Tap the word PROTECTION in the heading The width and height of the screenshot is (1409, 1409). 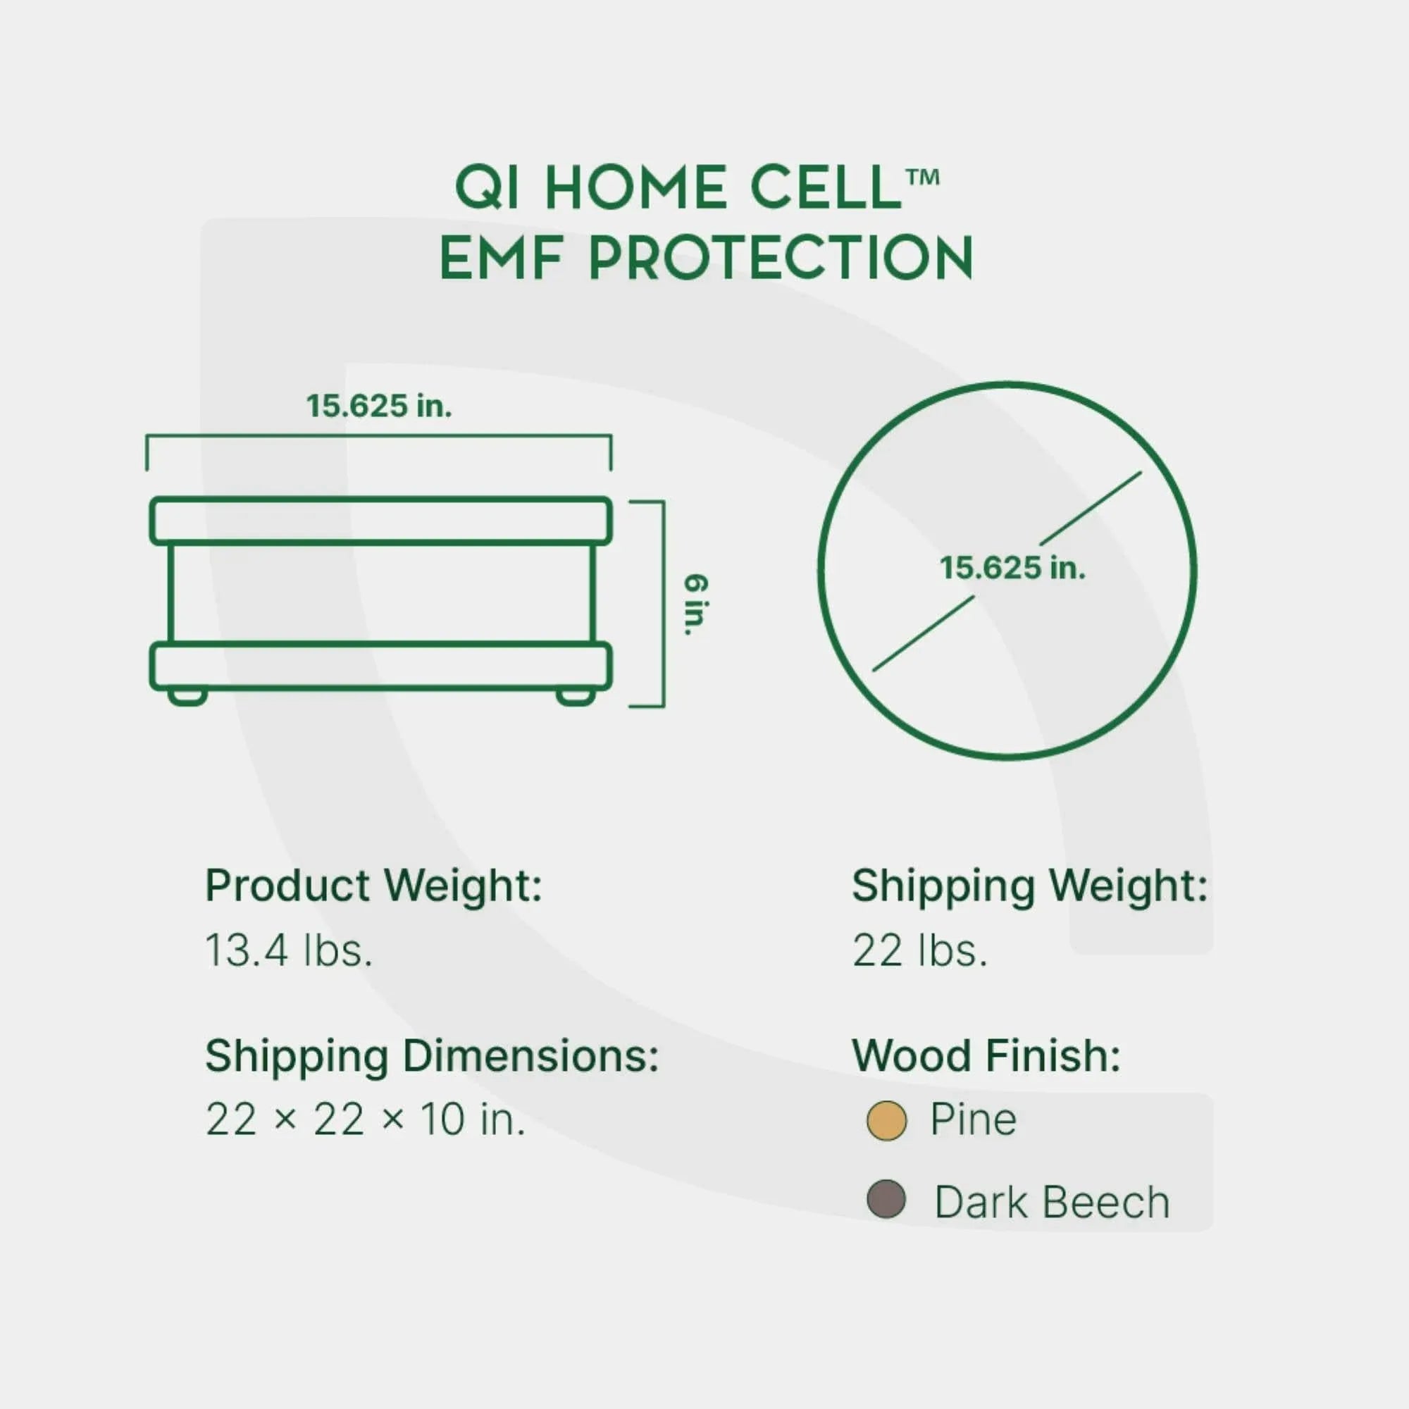point(781,258)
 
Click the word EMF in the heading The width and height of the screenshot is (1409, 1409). point(502,258)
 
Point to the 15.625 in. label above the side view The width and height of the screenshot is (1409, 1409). point(378,406)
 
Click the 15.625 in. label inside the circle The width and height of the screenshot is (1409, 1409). point(1012,568)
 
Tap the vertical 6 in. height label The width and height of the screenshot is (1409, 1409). point(696,604)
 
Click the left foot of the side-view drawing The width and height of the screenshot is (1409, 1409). point(187,697)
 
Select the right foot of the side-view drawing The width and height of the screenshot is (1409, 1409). point(576,697)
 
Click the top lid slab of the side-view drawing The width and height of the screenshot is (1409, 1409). point(380,521)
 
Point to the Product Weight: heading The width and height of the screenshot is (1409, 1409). point(373,886)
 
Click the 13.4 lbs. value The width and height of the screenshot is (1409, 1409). point(289,951)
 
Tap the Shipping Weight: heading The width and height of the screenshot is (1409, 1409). point(1030,886)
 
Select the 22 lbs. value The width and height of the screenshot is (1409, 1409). point(919,951)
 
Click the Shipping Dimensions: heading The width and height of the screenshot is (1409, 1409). point(432,1056)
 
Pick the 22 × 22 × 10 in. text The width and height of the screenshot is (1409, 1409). point(365,1119)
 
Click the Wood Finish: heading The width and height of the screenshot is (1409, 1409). point(986,1056)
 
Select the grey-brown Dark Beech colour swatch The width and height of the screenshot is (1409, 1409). point(886,1200)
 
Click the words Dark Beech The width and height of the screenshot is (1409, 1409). point(1052,1203)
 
